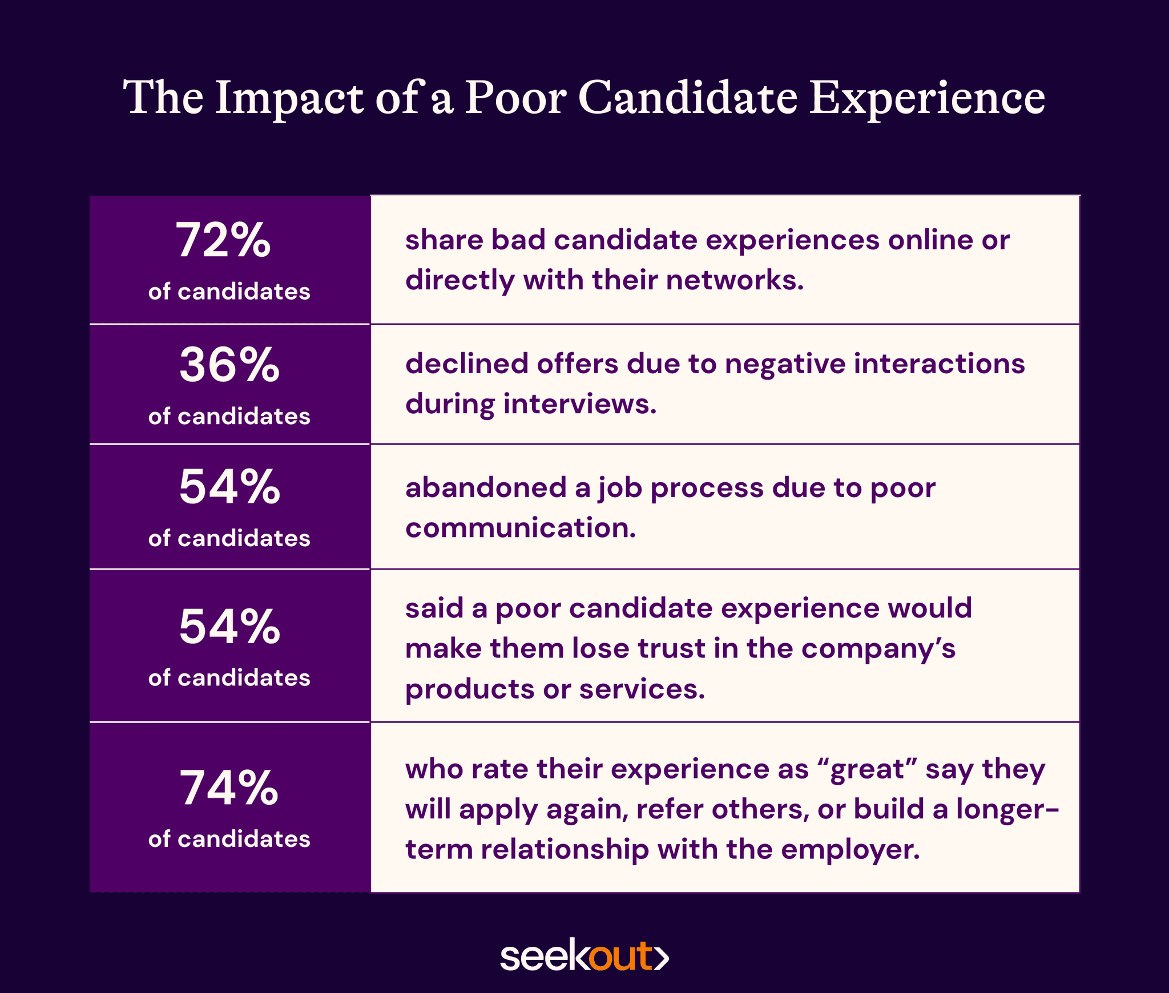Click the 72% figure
pyautogui.click(x=223, y=241)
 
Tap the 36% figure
pyautogui.click(x=229, y=365)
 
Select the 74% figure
pyautogui.click(x=229, y=789)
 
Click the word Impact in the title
pyautogui.click(x=289, y=98)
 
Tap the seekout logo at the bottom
pyautogui.click(x=584, y=956)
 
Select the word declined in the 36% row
pyautogui.click(x=466, y=364)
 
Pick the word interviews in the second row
pyautogui.click(x=579, y=404)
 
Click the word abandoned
pyautogui.click(x=485, y=488)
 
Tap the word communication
pyautogui.click(x=519, y=528)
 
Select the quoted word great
pyautogui.click(x=867, y=769)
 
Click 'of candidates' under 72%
pyautogui.click(x=229, y=292)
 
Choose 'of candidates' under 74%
pyautogui.click(x=229, y=839)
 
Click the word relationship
pyautogui.click(x=565, y=850)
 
